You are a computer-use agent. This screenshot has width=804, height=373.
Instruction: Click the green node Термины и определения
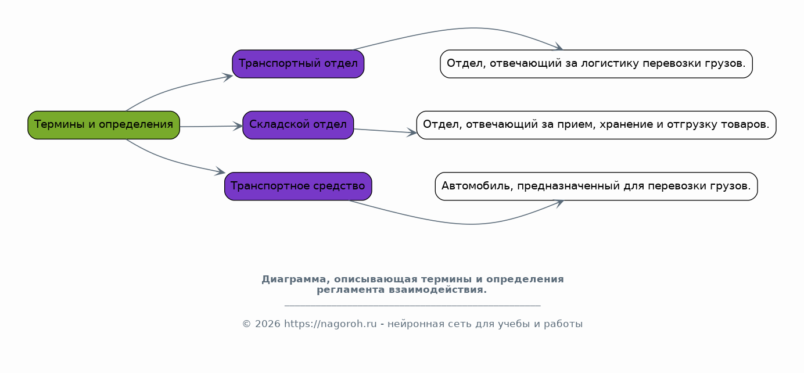104,125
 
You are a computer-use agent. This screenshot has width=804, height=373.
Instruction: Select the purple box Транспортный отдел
298,64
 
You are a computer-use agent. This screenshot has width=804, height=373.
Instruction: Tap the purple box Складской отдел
298,125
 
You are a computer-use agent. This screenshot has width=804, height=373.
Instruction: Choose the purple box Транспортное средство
298,186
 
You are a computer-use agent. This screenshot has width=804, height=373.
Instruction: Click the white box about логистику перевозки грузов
596,64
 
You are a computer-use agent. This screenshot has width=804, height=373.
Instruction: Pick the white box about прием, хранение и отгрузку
596,125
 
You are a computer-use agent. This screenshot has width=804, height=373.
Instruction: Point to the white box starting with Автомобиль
596,186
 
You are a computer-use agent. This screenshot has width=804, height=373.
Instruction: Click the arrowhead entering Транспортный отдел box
228,77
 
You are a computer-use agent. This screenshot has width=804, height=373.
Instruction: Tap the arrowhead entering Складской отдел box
238,126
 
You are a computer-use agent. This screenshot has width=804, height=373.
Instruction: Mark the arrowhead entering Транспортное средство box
220,171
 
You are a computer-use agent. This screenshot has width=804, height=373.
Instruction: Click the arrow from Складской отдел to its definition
385,131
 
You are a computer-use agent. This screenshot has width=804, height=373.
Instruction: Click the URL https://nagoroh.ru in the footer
330,324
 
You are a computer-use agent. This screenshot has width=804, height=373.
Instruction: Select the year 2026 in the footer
267,324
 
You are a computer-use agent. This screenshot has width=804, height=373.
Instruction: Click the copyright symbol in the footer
246,324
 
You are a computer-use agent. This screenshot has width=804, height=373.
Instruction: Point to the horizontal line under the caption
412,306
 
